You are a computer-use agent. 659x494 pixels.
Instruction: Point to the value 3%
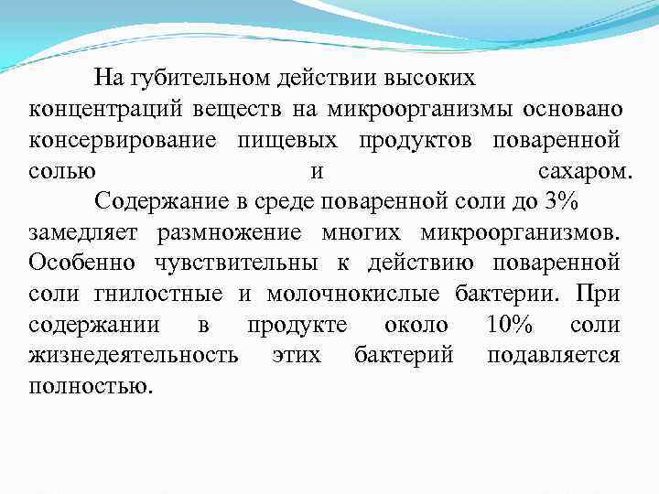(x=560, y=202)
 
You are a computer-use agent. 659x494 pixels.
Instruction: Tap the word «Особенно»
(x=82, y=263)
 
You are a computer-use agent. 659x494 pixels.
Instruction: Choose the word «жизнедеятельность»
(x=135, y=356)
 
